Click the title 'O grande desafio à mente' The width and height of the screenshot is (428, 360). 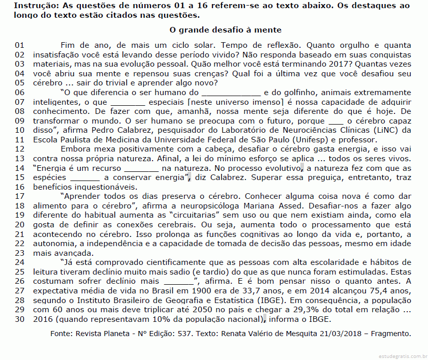tap(225, 31)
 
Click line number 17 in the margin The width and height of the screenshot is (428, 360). tap(20, 196)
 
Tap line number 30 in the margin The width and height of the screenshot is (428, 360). tap(20, 319)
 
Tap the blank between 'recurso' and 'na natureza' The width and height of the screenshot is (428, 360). tap(141, 168)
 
